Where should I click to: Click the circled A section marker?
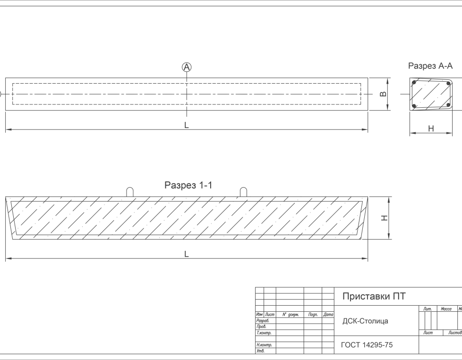click(x=187, y=67)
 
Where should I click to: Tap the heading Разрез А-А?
click(x=430, y=66)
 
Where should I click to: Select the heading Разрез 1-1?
click(x=188, y=186)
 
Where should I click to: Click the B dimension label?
click(x=384, y=94)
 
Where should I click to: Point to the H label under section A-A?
click(x=430, y=128)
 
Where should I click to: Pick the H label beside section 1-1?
click(x=385, y=218)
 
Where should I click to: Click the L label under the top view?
click(x=187, y=126)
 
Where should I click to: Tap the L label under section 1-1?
click(x=187, y=254)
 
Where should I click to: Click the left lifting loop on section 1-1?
click(x=130, y=192)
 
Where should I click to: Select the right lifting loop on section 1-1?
click(x=243, y=192)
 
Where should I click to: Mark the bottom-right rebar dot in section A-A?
click(x=445, y=105)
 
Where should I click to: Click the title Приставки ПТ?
click(x=374, y=297)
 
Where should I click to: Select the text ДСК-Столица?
click(x=365, y=321)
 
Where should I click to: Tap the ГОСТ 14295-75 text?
click(x=367, y=345)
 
